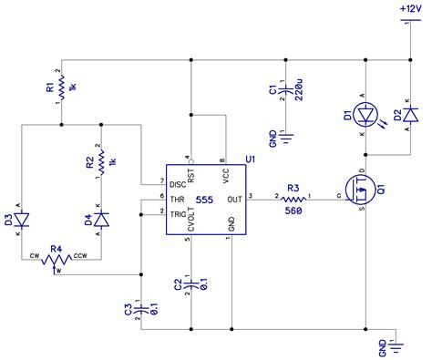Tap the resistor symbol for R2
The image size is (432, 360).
[100, 155]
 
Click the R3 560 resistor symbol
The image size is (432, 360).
[293, 198]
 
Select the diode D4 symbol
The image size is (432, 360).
[100, 219]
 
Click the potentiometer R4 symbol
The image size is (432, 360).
[57, 258]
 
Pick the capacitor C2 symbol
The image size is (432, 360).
[191, 283]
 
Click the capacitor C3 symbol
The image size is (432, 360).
[141, 309]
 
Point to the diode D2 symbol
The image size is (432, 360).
[409, 115]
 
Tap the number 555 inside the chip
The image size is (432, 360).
[204, 198]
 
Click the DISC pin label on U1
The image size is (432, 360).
[176, 182]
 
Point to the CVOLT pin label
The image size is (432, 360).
[191, 221]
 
